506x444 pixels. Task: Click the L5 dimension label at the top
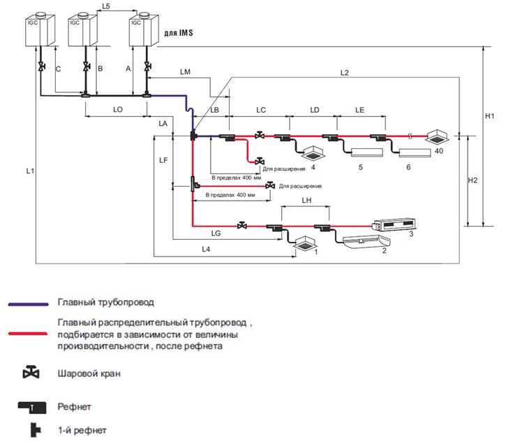(x=105, y=6)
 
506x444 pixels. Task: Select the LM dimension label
(x=185, y=72)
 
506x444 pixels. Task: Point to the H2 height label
(x=472, y=180)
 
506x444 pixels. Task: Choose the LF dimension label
(x=163, y=160)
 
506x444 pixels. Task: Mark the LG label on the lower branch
(x=216, y=234)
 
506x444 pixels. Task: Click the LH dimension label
(x=306, y=200)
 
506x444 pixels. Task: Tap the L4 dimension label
(x=207, y=249)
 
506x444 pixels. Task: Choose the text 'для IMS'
(x=177, y=33)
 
